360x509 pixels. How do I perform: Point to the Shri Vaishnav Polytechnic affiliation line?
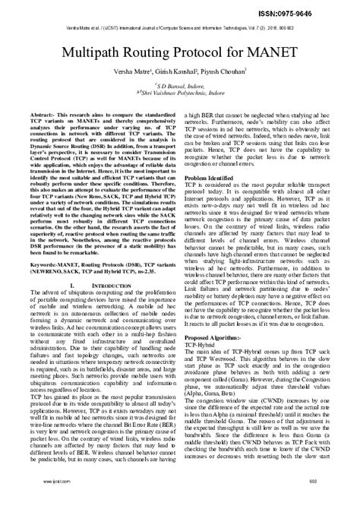tap(180, 96)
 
